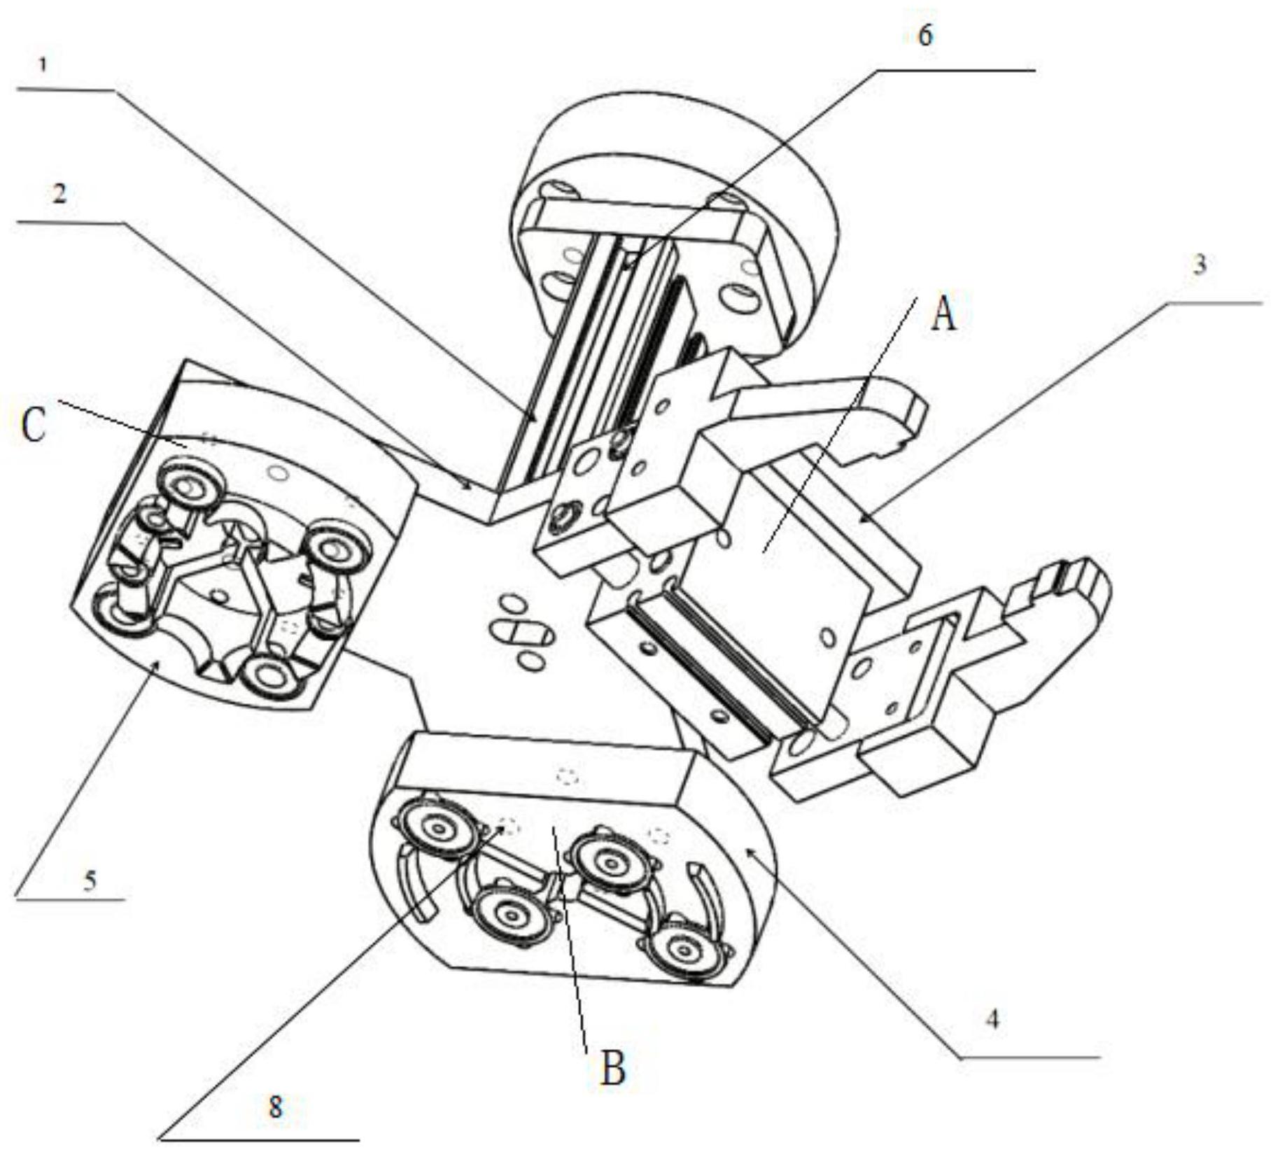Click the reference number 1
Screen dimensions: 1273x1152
pos(44,66)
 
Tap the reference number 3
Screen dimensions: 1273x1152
pos(1200,265)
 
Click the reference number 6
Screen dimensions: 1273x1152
pos(925,35)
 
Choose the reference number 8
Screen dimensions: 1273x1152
pos(276,1107)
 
